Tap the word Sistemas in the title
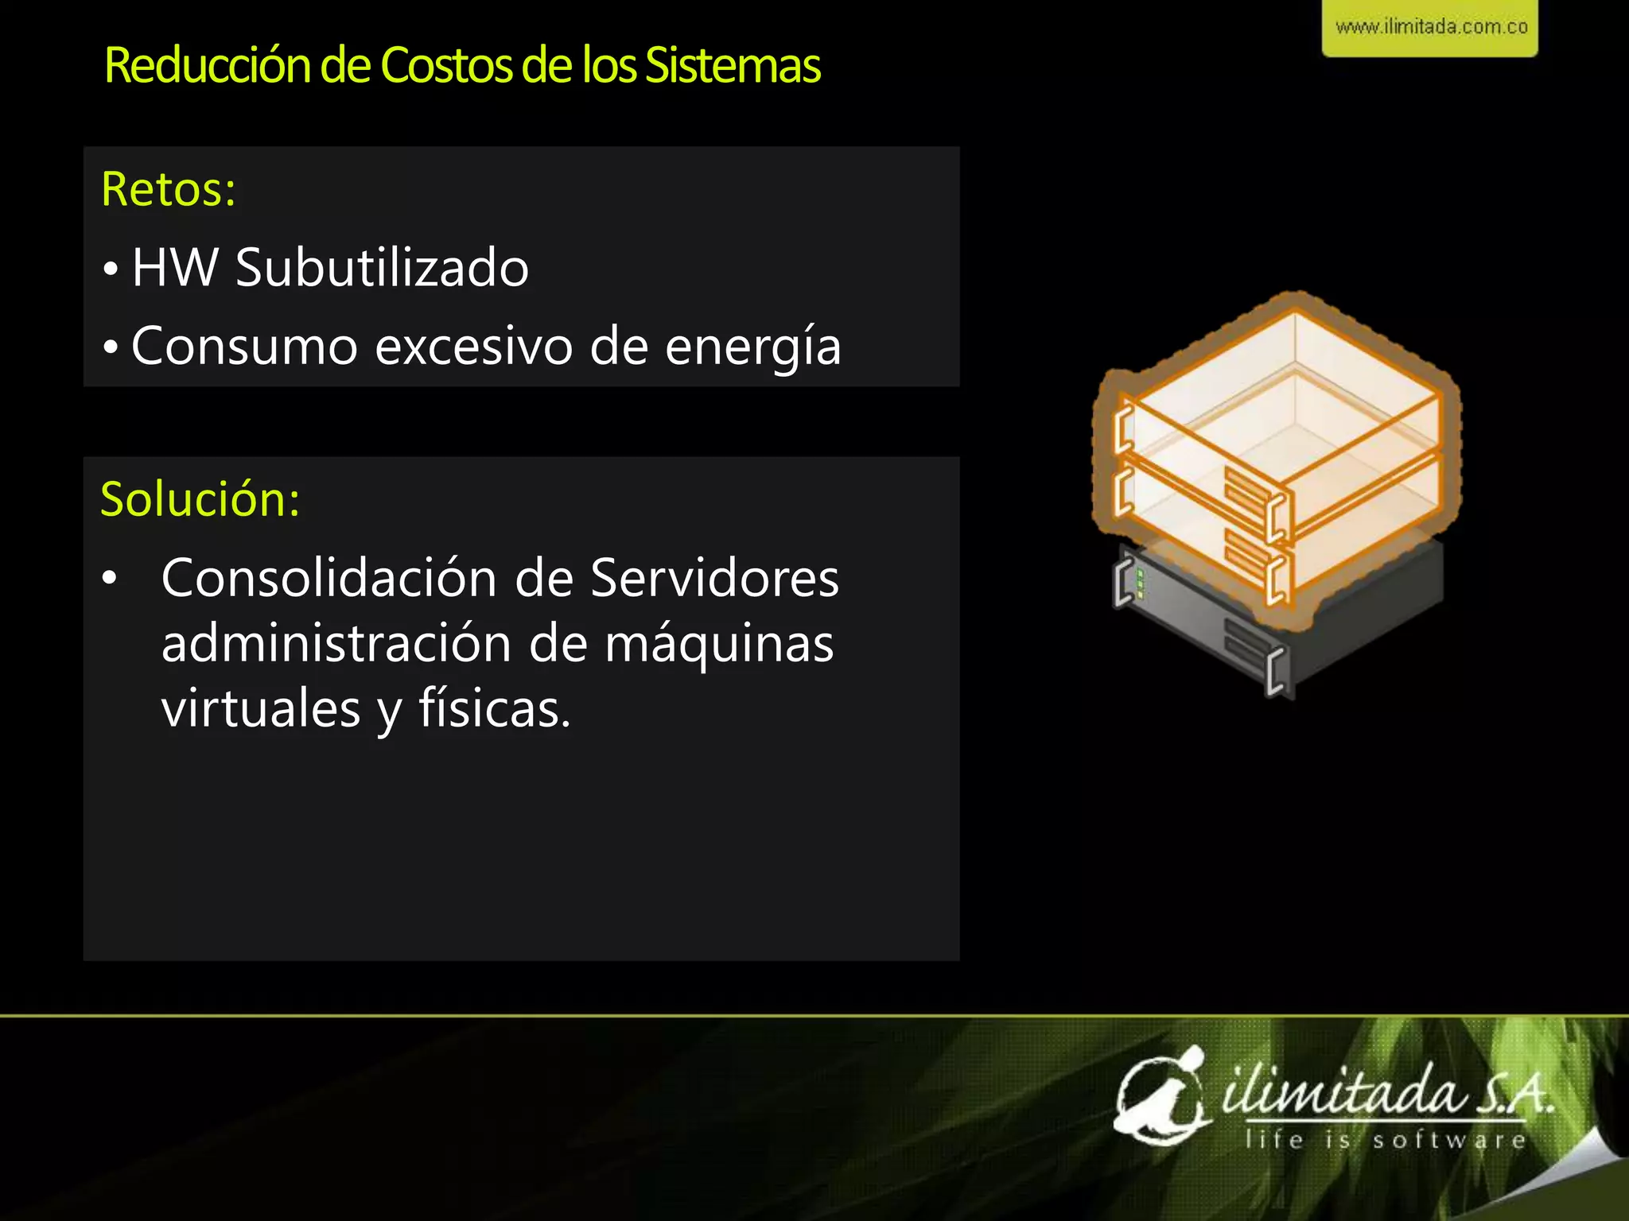coord(732,65)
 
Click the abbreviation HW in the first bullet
coord(175,267)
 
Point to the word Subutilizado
coord(382,267)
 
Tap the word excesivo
coord(473,347)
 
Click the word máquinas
coord(719,644)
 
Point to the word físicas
coord(495,709)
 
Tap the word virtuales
coord(261,709)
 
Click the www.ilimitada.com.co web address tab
coord(1430,28)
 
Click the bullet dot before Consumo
coord(111,347)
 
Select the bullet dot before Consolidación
coord(110,579)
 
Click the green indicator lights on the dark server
coord(1141,584)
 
